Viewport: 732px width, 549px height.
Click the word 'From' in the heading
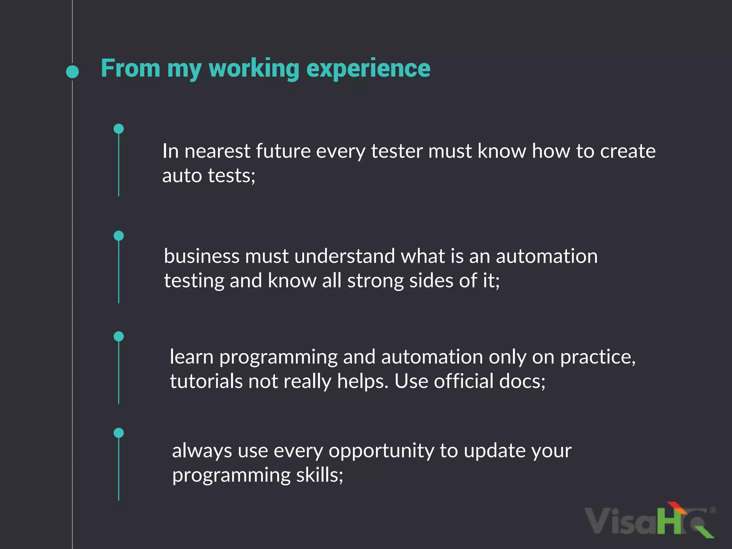pos(130,68)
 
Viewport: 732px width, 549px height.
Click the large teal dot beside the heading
pos(73,71)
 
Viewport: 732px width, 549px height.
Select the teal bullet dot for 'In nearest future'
pos(119,129)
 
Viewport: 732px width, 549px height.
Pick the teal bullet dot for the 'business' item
pos(119,236)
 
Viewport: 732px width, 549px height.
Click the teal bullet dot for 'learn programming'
pos(119,336)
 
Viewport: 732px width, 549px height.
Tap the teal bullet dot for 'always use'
pos(119,433)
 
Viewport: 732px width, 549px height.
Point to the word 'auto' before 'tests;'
pos(182,176)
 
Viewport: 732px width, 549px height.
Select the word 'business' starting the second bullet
pos(202,256)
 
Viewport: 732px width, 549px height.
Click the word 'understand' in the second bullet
pos(345,256)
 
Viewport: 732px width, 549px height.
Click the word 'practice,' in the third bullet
pos(598,357)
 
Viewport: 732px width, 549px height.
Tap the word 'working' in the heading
pos(254,68)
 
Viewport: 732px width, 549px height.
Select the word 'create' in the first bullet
pos(628,151)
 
